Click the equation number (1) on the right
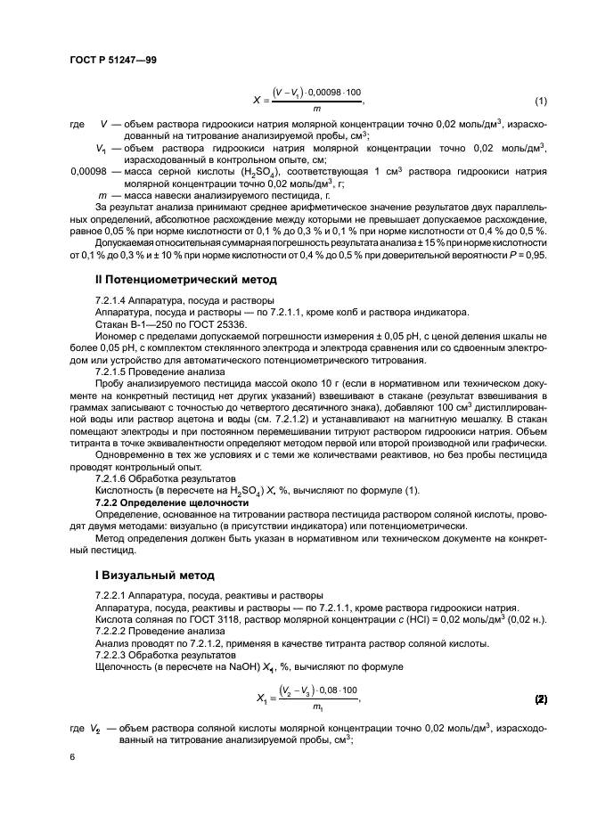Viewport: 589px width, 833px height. click(x=540, y=99)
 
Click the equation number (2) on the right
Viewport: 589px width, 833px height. click(x=540, y=700)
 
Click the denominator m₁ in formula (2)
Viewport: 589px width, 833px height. click(x=317, y=708)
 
